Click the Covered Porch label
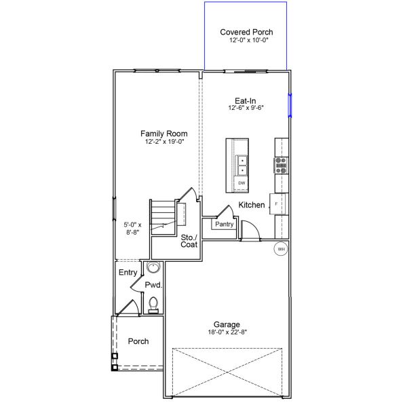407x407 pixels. coord(246,32)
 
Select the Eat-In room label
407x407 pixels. coord(245,100)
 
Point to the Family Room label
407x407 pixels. coord(164,134)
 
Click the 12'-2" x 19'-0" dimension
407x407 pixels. coord(164,142)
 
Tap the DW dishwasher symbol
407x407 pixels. coord(241,183)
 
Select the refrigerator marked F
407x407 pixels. coord(278,203)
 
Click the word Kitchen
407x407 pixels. coord(252,205)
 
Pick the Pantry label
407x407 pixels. coord(224,224)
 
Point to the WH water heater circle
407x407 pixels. coord(281,249)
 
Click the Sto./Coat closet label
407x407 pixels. coord(189,241)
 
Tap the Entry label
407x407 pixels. coord(128,273)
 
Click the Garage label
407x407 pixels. coord(226,324)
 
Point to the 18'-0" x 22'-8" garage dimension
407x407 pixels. coord(226,332)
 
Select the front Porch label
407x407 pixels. coord(138,341)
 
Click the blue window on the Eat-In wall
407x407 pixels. coord(290,105)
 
